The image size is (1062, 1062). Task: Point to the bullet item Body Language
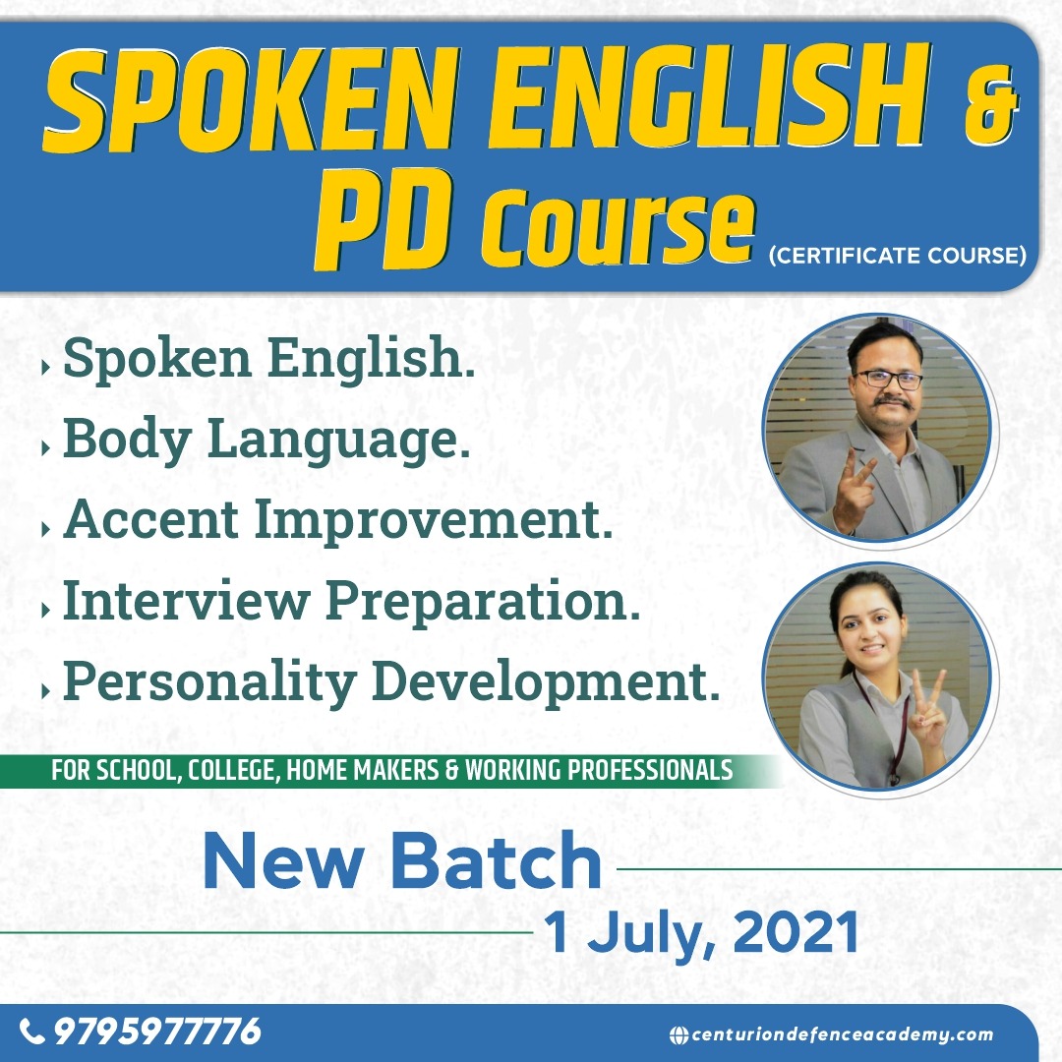[265, 441]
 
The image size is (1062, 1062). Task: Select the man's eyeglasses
[889, 379]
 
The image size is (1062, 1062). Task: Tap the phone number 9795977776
[157, 1032]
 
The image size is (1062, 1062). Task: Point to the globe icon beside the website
[678, 1034]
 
